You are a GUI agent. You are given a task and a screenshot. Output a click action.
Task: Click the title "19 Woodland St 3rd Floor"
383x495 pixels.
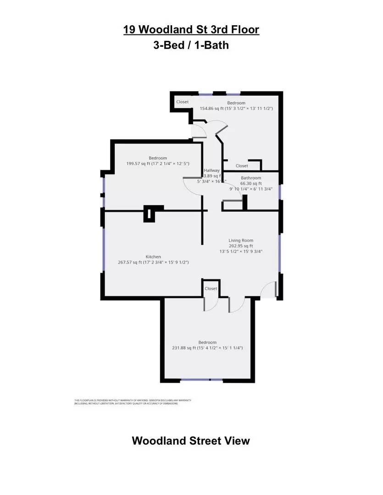click(x=191, y=30)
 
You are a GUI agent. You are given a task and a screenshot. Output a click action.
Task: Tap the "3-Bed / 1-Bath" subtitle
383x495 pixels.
click(x=191, y=45)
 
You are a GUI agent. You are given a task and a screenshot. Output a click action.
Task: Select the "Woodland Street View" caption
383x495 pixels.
click(x=191, y=440)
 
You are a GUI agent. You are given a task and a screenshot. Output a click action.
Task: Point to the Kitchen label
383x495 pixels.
click(x=153, y=257)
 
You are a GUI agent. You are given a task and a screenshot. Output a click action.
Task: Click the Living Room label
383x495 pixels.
click(x=241, y=240)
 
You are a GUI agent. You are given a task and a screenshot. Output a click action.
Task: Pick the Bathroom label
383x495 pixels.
click(x=251, y=178)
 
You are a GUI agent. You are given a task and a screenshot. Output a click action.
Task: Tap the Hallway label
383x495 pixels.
click(x=212, y=170)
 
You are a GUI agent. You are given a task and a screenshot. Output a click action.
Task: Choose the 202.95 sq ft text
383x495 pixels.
click(x=241, y=246)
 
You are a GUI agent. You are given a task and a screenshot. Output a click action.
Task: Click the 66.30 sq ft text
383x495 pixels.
click(x=251, y=183)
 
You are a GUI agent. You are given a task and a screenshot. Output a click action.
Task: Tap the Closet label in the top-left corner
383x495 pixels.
click(x=182, y=102)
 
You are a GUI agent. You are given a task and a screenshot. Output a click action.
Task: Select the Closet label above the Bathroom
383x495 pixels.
click(x=242, y=166)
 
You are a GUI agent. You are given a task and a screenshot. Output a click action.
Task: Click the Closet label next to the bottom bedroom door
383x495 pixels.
click(x=211, y=289)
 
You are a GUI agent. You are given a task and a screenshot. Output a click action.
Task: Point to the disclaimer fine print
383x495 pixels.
click(x=133, y=402)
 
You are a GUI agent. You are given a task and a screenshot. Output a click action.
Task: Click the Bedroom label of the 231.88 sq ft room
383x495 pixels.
click(x=207, y=342)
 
